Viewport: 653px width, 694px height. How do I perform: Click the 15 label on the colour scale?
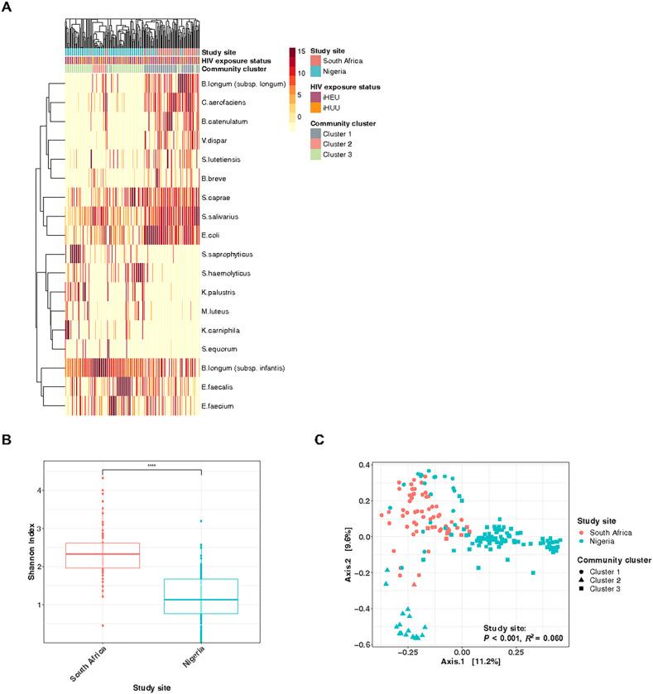point(303,52)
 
